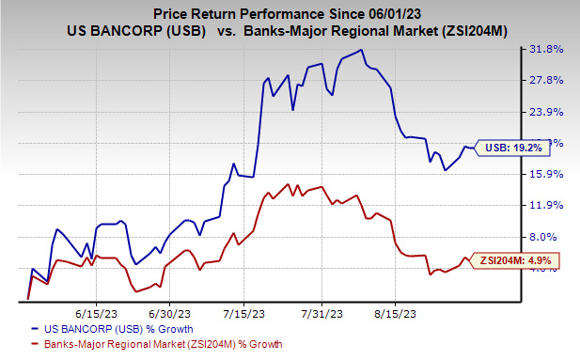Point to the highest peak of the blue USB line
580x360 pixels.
coord(362,50)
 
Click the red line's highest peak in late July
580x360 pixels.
coord(289,184)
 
